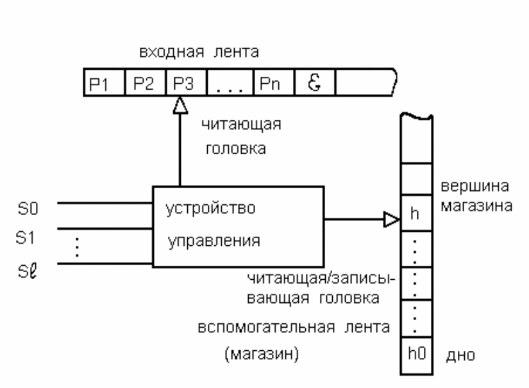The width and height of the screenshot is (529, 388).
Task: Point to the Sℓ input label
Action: point(29,263)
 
